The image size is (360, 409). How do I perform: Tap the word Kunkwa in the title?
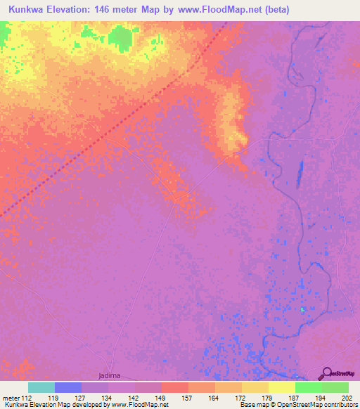click(x=29, y=10)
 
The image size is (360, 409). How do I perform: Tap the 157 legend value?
click(x=188, y=398)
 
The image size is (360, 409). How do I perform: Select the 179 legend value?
click(x=269, y=398)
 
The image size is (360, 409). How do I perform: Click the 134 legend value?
click(x=108, y=398)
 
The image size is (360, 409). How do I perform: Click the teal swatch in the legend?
click(x=41, y=387)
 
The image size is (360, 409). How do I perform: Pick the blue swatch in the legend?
click(x=68, y=387)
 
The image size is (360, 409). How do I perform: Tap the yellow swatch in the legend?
click(x=282, y=387)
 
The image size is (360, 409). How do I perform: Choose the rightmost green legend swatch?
click(x=335, y=387)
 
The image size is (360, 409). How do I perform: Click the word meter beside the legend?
click(x=10, y=398)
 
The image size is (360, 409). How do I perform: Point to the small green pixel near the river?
click(x=303, y=309)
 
